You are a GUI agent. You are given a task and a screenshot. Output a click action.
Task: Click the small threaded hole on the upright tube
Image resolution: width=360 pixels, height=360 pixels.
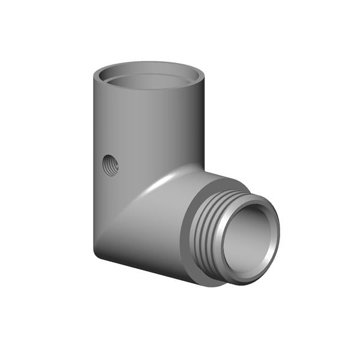click(x=110, y=164)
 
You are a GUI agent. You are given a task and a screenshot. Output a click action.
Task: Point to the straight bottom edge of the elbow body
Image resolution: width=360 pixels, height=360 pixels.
click(x=144, y=268)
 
